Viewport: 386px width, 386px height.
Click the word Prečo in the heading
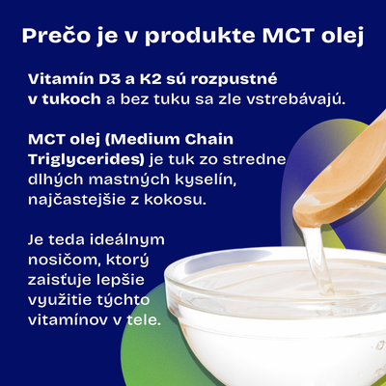click(x=56, y=36)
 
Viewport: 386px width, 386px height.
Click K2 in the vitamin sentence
click(x=151, y=79)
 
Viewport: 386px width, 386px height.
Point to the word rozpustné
click(x=234, y=80)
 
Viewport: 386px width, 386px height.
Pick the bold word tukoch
click(x=71, y=99)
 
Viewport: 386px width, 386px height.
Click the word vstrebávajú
click(x=295, y=99)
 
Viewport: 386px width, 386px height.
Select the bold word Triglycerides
click(x=86, y=160)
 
